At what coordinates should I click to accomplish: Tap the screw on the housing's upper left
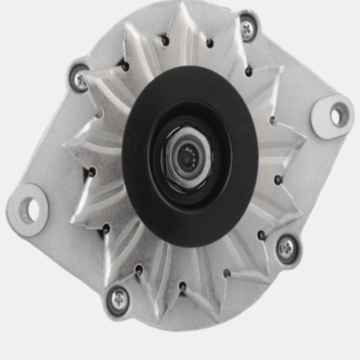[x=80, y=79]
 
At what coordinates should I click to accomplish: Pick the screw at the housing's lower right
[x=286, y=247]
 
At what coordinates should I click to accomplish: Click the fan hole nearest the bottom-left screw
[x=138, y=270]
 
